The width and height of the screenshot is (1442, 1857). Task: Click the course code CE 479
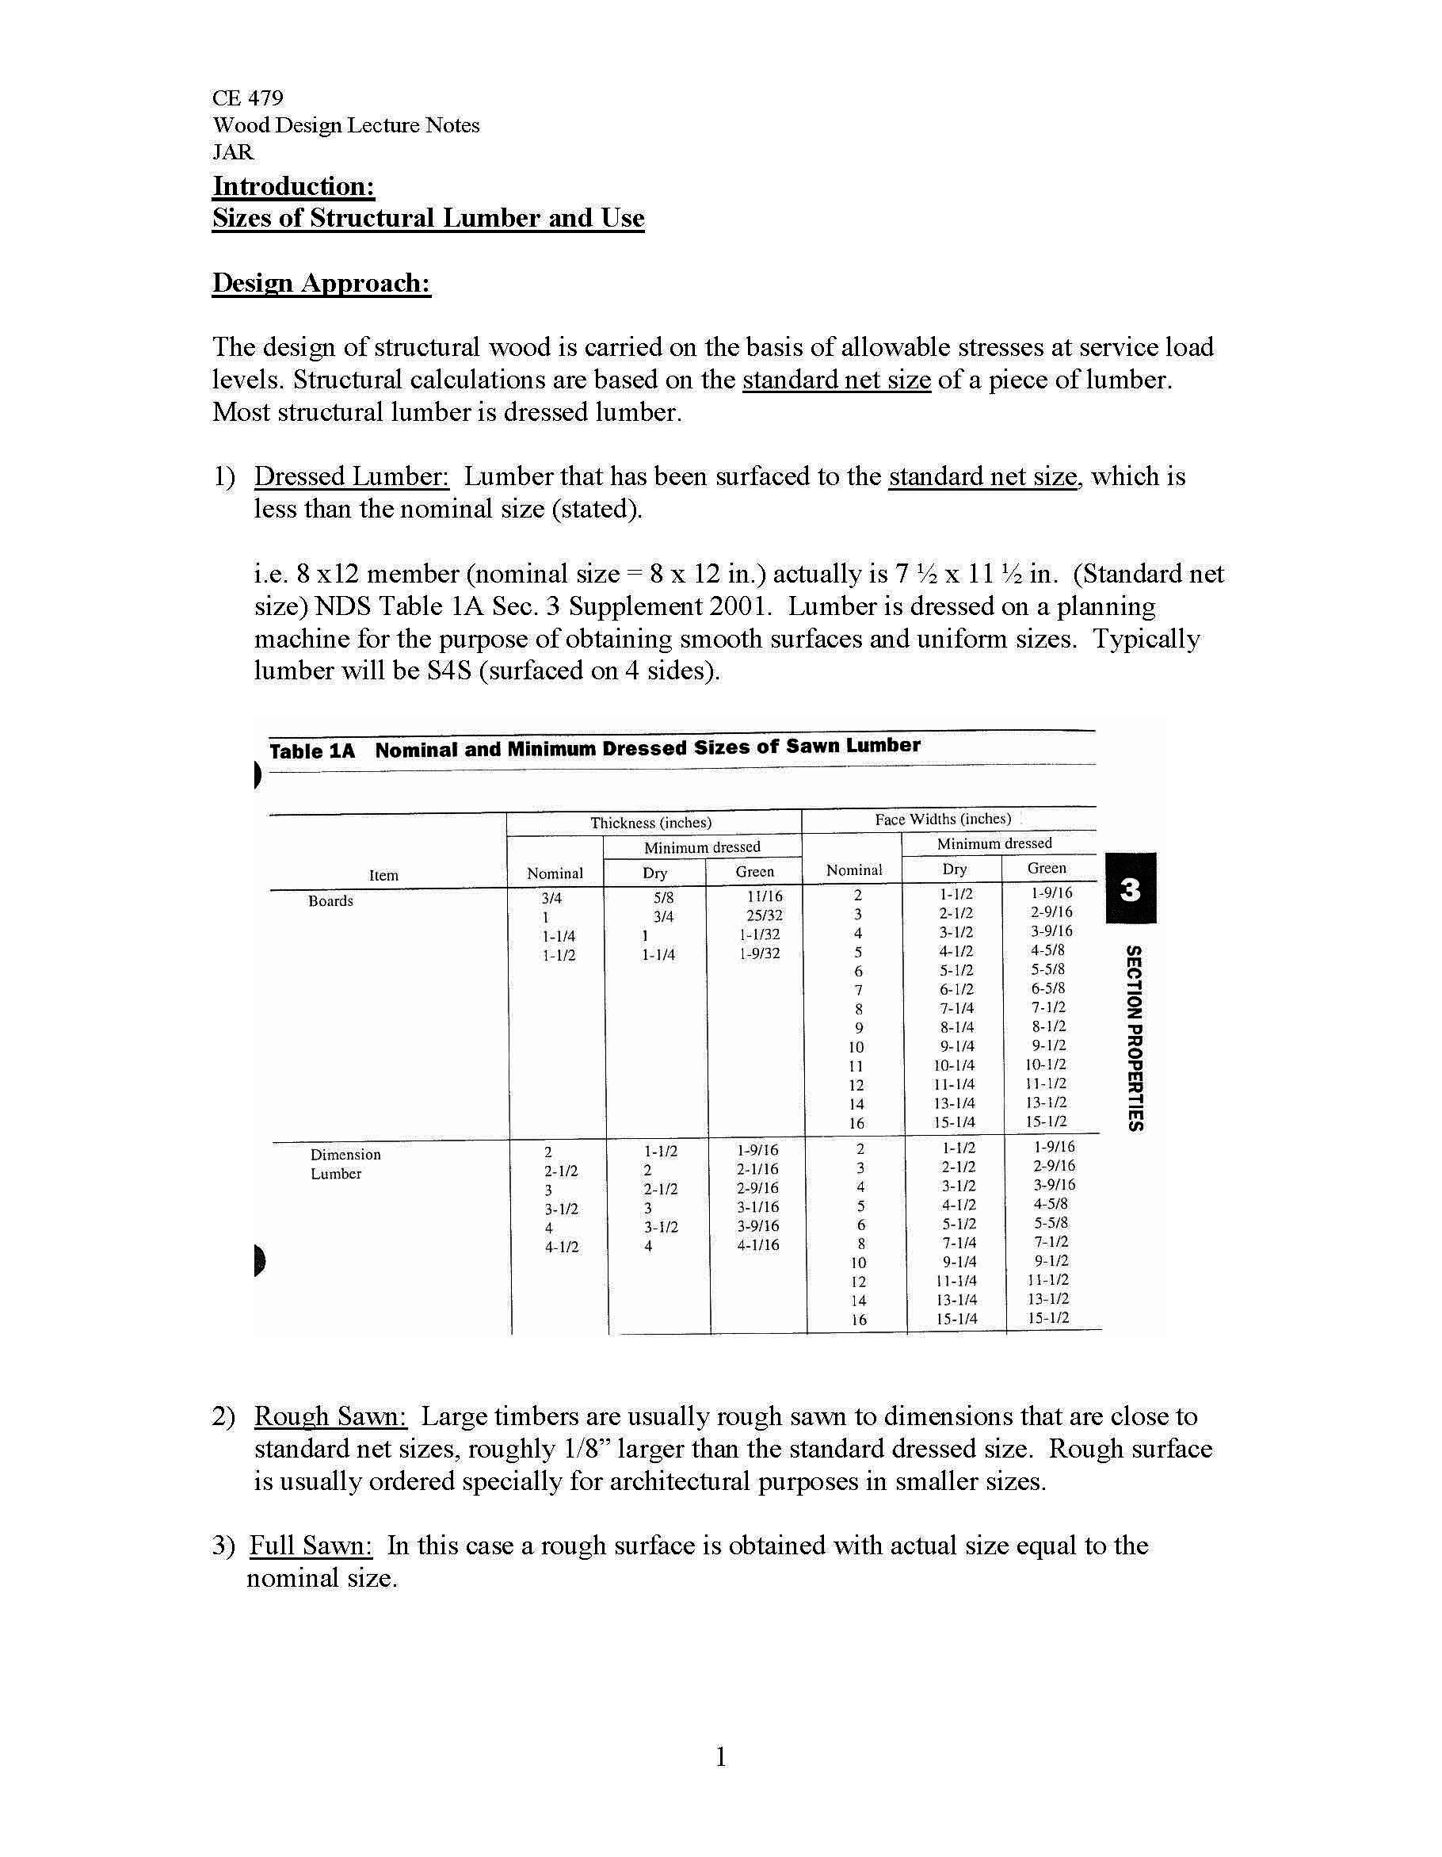point(247,97)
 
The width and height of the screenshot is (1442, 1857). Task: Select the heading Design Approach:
point(322,282)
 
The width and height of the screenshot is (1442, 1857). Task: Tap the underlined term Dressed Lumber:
point(351,476)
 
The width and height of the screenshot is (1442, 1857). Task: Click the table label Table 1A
point(311,751)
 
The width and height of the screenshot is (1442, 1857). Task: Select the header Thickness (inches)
point(650,822)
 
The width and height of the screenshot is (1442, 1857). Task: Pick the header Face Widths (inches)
point(943,819)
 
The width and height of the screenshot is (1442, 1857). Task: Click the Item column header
point(383,875)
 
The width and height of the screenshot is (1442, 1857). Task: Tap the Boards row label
point(330,900)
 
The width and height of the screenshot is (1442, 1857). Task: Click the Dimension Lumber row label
point(345,1163)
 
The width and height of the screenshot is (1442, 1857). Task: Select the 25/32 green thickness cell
point(764,915)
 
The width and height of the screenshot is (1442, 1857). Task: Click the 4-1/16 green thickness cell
point(757,1245)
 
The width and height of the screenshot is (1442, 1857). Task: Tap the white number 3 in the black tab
point(1130,889)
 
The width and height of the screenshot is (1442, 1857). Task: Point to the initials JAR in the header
point(232,152)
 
